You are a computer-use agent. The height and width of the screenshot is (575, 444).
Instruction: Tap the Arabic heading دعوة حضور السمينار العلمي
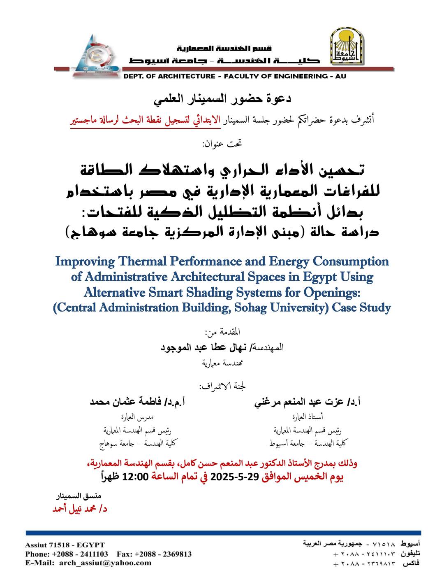tap(222, 99)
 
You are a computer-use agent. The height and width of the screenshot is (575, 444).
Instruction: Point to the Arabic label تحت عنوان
tap(222, 144)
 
